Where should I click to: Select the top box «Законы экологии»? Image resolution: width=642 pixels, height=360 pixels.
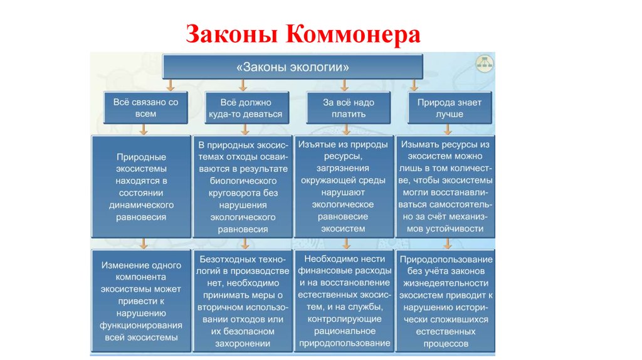pyautogui.click(x=293, y=66)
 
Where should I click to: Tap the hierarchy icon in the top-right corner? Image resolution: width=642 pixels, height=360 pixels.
pyautogui.click(x=484, y=61)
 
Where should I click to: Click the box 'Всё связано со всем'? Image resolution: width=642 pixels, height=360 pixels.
pyautogui.click(x=145, y=108)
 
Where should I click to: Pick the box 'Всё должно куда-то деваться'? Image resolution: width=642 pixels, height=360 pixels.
pyautogui.click(x=246, y=108)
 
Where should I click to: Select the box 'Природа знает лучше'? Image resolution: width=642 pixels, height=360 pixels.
pyautogui.click(x=450, y=108)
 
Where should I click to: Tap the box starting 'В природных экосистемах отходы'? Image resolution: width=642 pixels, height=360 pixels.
pyautogui.click(x=243, y=186)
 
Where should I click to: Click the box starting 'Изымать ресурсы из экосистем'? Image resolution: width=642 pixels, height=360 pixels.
pyautogui.click(x=446, y=186)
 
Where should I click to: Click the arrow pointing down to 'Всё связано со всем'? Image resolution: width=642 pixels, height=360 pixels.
pyautogui.click(x=145, y=85)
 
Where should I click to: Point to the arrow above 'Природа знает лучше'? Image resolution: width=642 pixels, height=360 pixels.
pyautogui.click(x=414, y=85)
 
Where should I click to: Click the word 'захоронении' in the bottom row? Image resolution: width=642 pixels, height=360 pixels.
pyautogui.click(x=241, y=344)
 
